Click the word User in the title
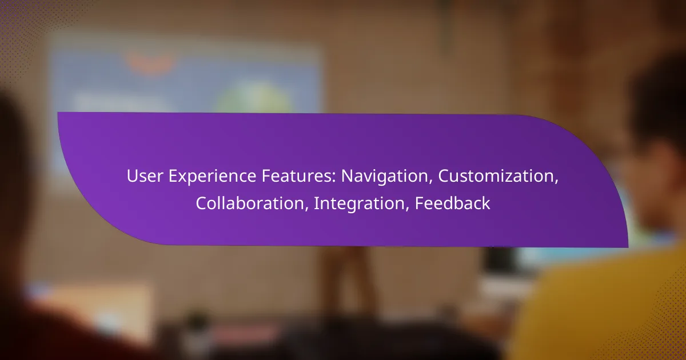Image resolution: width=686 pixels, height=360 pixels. coord(145,176)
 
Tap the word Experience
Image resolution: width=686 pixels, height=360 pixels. coord(212,177)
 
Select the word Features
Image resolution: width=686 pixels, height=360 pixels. coord(297,176)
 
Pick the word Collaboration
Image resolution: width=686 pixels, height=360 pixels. coord(250,203)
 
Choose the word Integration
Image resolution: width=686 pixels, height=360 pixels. coord(359,204)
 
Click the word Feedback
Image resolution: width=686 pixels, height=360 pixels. coord(453,203)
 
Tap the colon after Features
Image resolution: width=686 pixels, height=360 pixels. coord(334,178)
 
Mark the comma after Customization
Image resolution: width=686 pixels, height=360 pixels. coord(556,182)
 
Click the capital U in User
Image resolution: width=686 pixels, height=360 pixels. coord(132,176)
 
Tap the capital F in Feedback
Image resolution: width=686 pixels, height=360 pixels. coord(419,203)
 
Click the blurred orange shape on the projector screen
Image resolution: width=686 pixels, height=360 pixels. coord(150,63)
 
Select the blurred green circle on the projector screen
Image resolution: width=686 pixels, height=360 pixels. coord(255,98)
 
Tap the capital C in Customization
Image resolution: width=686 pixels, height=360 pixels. coord(444,176)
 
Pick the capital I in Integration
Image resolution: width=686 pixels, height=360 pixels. coord(316,203)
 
